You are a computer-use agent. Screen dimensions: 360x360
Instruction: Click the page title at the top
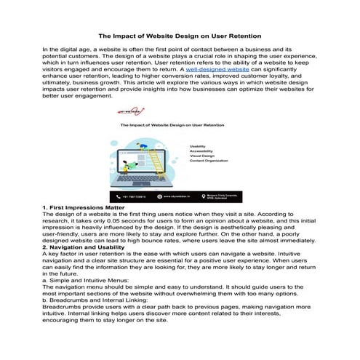(180, 35)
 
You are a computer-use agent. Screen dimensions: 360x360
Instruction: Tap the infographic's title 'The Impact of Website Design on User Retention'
(175, 126)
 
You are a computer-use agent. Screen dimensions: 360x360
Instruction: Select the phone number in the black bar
(134, 196)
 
